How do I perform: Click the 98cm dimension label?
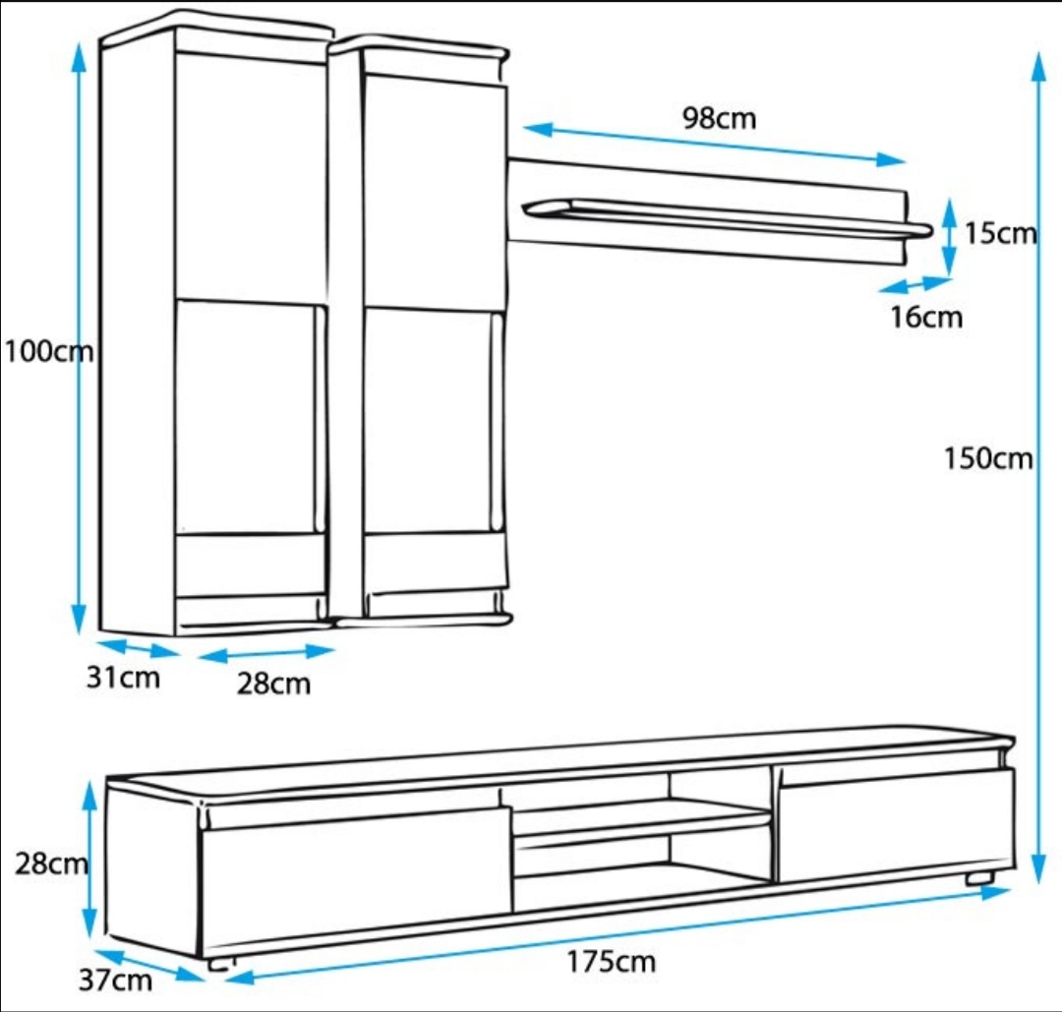point(720,118)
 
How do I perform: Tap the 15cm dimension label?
point(1000,233)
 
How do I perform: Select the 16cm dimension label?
point(926,318)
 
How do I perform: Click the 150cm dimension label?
point(988,458)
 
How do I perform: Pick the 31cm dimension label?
point(122,678)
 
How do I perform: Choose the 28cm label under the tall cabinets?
point(273,683)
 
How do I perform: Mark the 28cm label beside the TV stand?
point(51,863)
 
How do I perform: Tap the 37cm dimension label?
point(117,980)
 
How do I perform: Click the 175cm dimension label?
point(611,961)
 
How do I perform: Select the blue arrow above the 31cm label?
point(139,648)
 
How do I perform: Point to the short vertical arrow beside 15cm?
point(948,237)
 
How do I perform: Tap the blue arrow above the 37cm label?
point(148,965)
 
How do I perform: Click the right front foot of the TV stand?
point(979,877)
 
